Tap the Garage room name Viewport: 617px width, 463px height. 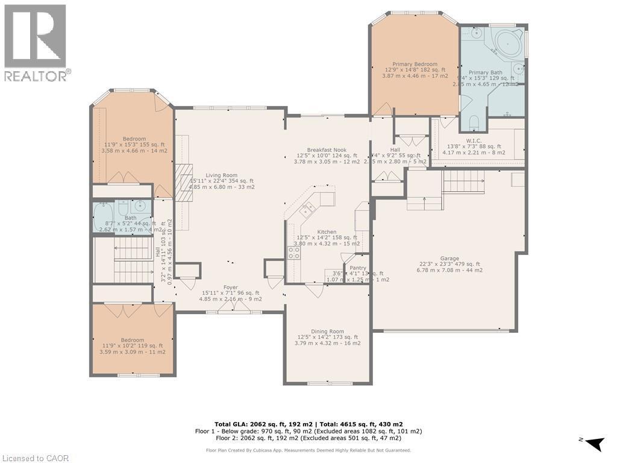(x=449, y=256)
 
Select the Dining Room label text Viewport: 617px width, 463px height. (x=327, y=331)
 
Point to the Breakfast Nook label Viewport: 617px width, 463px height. (x=327, y=150)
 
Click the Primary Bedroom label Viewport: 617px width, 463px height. (x=415, y=64)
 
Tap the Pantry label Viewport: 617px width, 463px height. (x=358, y=268)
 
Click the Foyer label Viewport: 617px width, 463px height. (x=231, y=288)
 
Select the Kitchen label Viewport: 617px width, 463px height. (x=327, y=231)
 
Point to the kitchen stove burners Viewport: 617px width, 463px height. (x=293, y=253)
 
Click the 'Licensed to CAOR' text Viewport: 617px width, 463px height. (x=35, y=458)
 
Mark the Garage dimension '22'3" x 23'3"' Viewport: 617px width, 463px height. (x=449, y=263)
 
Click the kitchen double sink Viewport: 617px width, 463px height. (x=308, y=209)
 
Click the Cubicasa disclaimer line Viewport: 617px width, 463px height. (x=308, y=450)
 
